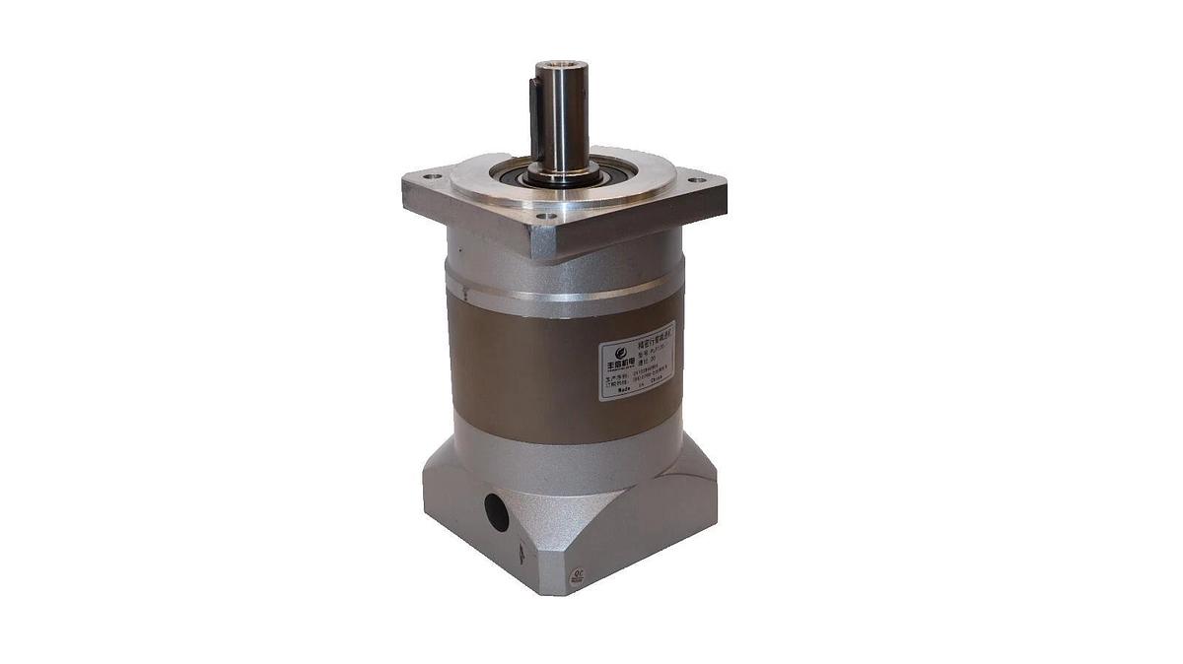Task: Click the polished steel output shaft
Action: (564, 118)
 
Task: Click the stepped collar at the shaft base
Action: (563, 174)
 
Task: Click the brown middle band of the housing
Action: (513, 365)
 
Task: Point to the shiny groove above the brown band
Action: (552, 294)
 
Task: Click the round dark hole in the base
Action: (494, 512)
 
